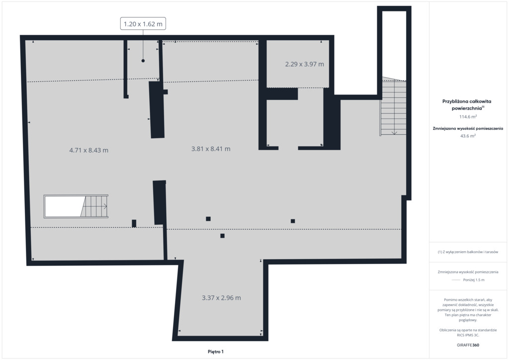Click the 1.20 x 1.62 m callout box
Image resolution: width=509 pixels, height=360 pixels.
click(143, 24)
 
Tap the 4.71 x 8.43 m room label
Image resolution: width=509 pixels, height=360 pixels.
click(89, 150)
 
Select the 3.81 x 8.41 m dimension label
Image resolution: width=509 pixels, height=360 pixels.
click(211, 149)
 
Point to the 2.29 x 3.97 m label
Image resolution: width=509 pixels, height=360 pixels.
click(305, 64)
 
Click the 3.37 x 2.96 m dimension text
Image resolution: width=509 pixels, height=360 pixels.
click(221, 298)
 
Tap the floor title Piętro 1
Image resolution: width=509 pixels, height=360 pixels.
click(216, 352)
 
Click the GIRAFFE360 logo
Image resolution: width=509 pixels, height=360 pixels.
click(468, 345)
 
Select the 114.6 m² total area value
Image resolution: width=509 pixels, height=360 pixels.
click(468, 116)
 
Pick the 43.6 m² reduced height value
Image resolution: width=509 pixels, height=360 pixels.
click(468, 136)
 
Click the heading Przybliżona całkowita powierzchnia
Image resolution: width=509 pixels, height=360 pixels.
click(467, 104)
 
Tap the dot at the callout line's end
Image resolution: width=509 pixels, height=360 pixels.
click(143, 61)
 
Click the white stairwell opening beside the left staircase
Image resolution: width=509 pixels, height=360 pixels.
click(63, 206)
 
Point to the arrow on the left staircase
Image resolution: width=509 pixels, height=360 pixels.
click(104, 206)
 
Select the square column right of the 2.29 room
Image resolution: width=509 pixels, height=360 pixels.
click(293, 221)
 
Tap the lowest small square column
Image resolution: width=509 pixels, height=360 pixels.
click(222, 236)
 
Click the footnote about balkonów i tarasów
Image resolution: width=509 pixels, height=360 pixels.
click(468, 252)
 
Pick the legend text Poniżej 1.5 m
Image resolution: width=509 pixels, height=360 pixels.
click(474, 280)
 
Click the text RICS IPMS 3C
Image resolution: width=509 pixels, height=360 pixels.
click(468, 335)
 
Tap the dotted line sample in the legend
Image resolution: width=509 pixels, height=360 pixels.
click(456, 280)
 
